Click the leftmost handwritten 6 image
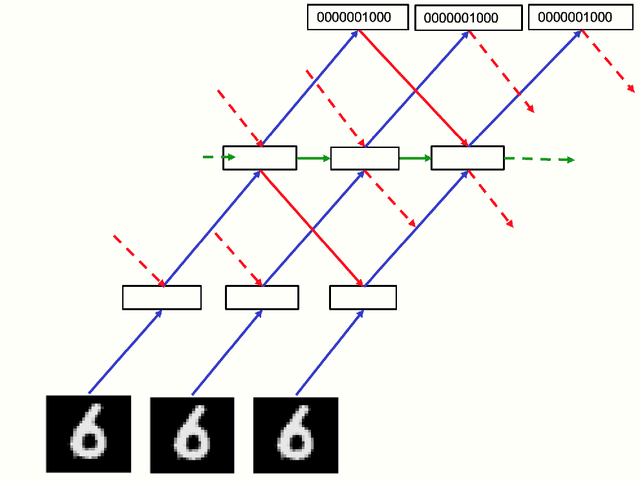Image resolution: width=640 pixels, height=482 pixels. [87, 434]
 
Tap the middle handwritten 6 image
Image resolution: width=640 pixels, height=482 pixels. [191, 435]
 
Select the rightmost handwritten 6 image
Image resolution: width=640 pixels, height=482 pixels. [295, 435]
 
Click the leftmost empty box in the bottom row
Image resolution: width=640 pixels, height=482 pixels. [162, 297]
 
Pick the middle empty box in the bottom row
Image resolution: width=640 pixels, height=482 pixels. [262, 297]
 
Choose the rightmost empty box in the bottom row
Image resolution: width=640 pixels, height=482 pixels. [363, 297]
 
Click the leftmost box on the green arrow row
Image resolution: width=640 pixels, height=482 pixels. [259, 158]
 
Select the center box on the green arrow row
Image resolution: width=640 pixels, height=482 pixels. [364, 158]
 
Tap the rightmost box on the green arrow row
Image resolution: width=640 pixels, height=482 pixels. [467, 158]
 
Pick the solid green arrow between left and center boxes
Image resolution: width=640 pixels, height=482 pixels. [313, 158]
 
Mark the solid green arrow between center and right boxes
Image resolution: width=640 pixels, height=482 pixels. [415, 158]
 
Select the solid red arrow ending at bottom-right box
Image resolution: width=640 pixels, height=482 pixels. [312, 228]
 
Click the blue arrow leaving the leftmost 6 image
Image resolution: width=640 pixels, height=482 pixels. [125, 351]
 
